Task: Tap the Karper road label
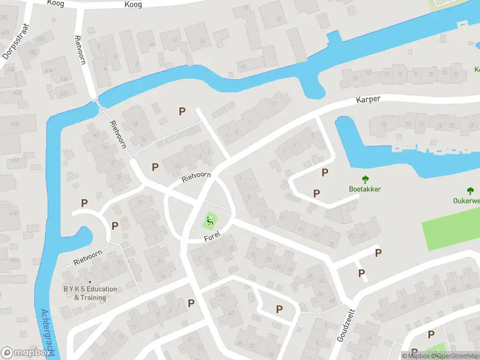tap(368, 99)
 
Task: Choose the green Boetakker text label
tap(365, 189)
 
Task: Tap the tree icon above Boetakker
tap(365, 179)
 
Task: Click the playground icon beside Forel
tap(210, 221)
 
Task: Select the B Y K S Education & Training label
tap(90, 293)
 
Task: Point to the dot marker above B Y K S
tap(91, 282)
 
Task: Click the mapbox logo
tap(26, 353)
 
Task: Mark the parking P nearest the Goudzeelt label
tap(362, 273)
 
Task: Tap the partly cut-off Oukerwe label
tap(466, 200)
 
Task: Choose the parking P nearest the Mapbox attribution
tap(431, 334)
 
